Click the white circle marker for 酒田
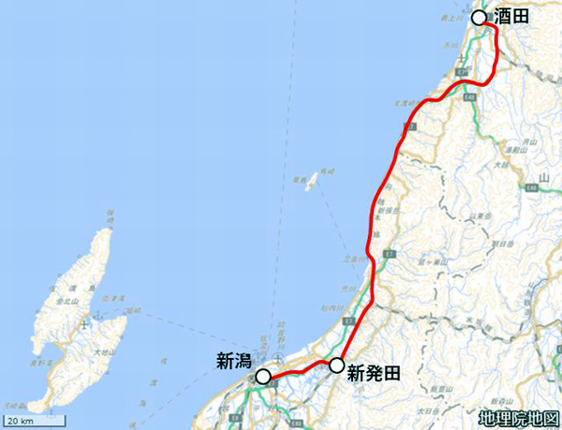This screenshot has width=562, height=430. tap(479, 18)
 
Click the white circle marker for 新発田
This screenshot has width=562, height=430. tap(337, 364)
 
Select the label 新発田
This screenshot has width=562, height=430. tap(374, 373)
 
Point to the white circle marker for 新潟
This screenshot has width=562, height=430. tap(263, 376)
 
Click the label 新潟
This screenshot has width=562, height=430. tap(234, 358)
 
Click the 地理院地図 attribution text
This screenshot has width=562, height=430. tap(517, 417)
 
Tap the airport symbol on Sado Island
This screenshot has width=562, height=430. tap(85, 324)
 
